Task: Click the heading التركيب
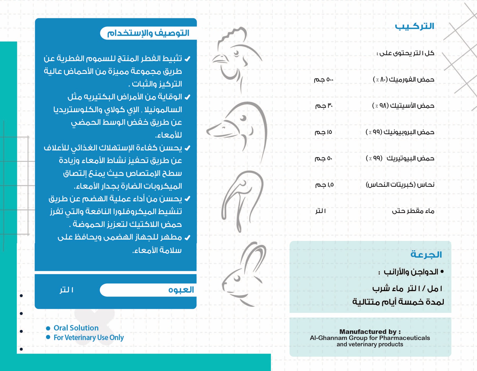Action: (x=414, y=26)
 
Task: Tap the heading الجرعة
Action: (x=426, y=255)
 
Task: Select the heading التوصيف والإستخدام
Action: (x=148, y=33)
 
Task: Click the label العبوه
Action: (x=181, y=290)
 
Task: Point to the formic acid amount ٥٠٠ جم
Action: (x=324, y=79)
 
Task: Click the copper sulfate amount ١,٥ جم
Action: (x=324, y=185)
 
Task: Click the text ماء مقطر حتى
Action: (x=413, y=211)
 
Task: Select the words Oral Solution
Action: (x=76, y=328)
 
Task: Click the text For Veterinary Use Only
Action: (x=89, y=338)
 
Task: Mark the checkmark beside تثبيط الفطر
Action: (x=187, y=59)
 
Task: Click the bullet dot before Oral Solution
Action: (x=48, y=328)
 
